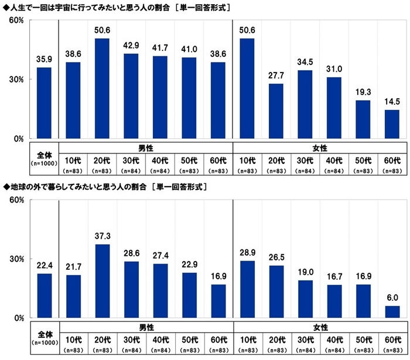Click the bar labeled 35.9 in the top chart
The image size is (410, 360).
(44, 103)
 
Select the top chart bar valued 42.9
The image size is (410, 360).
(131, 96)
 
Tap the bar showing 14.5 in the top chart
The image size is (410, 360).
(392, 124)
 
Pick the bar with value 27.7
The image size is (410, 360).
(276, 111)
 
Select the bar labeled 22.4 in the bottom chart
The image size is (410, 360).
(44, 296)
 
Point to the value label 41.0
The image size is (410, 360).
(189, 51)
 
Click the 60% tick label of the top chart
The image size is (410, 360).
(15, 20)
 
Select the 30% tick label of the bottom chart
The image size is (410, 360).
(15, 259)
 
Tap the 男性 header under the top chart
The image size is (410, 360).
(145, 148)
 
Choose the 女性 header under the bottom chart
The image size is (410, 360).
(319, 327)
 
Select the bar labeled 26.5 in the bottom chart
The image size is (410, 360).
(276, 292)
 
